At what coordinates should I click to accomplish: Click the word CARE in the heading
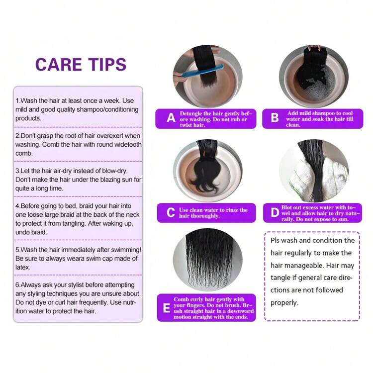[x=59, y=65]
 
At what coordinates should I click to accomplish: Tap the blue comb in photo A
[x=202, y=71]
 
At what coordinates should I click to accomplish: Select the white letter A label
[x=171, y=118]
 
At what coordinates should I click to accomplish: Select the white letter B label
[x=275, y=117]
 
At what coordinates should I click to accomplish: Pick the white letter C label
[x=171, y=212]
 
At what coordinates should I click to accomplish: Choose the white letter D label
[x=275, y=212]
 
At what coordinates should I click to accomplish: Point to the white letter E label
[x=167, y=308]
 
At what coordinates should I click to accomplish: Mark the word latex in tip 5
[x=22, y=268]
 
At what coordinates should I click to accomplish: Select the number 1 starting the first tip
[x=17, y=100]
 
